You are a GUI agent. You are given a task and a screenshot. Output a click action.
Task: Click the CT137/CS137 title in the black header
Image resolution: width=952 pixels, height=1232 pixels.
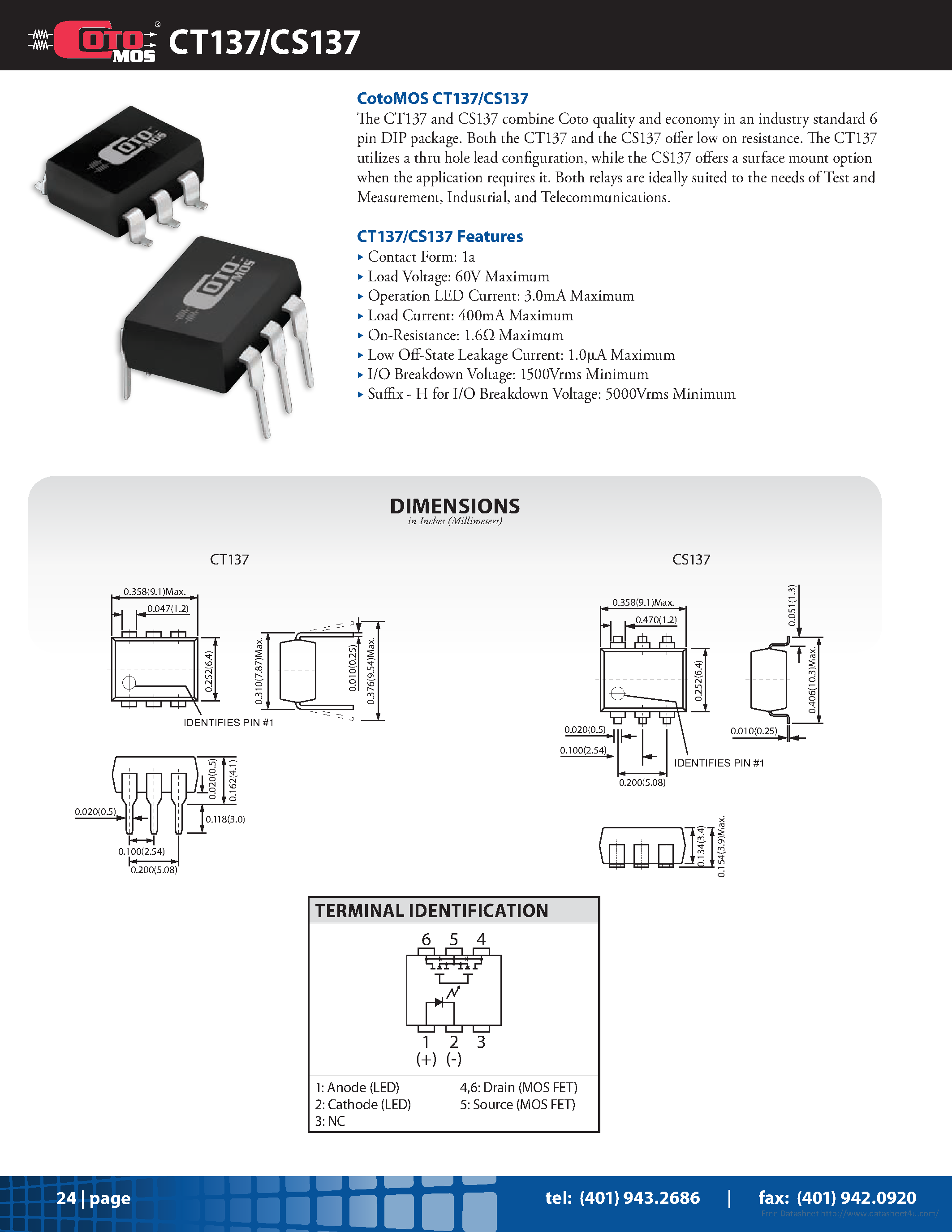point(264,42)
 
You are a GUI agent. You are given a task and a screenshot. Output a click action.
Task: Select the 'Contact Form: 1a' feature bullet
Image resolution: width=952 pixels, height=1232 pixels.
point(421,257)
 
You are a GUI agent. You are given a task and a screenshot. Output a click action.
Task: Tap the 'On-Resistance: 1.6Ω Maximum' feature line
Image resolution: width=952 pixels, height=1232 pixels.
point(465,335)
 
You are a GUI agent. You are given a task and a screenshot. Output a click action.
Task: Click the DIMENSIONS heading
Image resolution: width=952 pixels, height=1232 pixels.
point(455,506)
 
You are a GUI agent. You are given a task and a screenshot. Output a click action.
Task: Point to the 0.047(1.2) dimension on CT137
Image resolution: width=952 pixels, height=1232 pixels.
point(168,609)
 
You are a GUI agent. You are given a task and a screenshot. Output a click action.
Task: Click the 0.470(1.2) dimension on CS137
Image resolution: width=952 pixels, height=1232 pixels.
point(656,620)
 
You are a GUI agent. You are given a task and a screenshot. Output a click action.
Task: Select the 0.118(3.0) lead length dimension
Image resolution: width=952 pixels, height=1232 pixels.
point(225,819)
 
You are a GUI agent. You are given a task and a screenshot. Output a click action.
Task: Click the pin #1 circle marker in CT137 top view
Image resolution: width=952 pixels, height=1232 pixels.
point(129,683)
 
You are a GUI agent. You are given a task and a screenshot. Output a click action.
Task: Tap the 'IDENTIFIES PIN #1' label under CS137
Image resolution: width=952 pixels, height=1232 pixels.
point(719,762)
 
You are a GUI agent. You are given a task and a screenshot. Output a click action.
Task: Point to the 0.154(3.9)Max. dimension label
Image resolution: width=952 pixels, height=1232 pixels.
point(722,846)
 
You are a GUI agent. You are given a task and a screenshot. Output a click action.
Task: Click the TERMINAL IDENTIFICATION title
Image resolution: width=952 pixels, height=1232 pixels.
point(431,910)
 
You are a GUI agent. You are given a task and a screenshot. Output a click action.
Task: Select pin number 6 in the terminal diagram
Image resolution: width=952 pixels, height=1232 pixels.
point(426,939)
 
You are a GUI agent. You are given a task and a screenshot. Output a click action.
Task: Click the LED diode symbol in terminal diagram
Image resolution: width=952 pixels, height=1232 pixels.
point(438,1003)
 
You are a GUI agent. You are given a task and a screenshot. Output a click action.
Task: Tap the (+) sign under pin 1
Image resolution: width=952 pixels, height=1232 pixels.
point(426,1060)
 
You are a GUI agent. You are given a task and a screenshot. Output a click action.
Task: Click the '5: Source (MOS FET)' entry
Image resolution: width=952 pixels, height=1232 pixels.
point(517,1104)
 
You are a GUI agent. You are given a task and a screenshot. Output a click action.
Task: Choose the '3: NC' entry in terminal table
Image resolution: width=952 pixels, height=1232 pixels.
point(330,1121)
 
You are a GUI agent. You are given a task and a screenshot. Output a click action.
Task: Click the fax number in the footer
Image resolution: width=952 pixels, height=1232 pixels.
point(837,1197)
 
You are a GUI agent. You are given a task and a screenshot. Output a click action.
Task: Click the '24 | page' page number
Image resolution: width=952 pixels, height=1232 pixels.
point(93,1198)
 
